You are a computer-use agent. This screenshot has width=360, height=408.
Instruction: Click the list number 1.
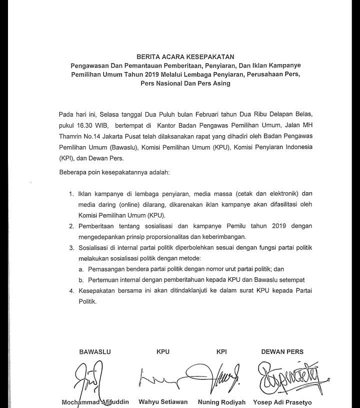pyautogui.click(x=71, y=194)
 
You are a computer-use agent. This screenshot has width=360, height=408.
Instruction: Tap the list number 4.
pyautogui.click(x=71, y=291)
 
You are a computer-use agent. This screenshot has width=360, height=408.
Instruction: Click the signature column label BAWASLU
pyautogui.click(x=92, y=352)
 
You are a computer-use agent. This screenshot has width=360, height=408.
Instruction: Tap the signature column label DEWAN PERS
pyautogui.click(x=282, y=352)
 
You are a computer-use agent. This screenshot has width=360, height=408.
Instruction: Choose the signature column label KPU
pyautogui.click(x=163, y=352)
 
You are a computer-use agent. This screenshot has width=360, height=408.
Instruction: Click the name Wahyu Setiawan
pyautogui.click(x=163, y=402)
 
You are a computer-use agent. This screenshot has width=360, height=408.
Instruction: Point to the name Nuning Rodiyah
pyautogui.click(x=221, y=402)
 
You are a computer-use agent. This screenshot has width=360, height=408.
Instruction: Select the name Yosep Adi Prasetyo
pyautogui.click(x=282, y=402)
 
